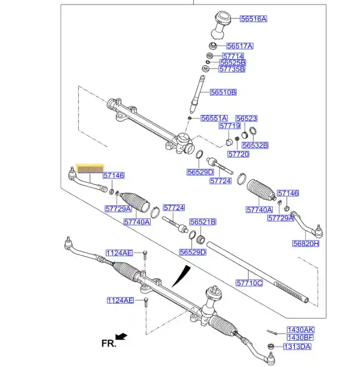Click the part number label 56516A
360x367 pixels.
(254, 19)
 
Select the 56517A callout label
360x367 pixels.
(240, 46)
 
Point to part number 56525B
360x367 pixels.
(232, 62)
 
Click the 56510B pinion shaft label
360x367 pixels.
(223, 92)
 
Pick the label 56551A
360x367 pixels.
(214, 119)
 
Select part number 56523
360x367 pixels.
(246, 119)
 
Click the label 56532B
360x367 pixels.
(255, 145)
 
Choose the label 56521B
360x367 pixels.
(203, 222)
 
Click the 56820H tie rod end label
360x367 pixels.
(306, 244)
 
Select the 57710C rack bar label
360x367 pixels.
(249, 283)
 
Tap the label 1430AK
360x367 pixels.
(300, 330)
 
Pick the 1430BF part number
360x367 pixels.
(300, 338)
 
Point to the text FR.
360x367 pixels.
(108, 344)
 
